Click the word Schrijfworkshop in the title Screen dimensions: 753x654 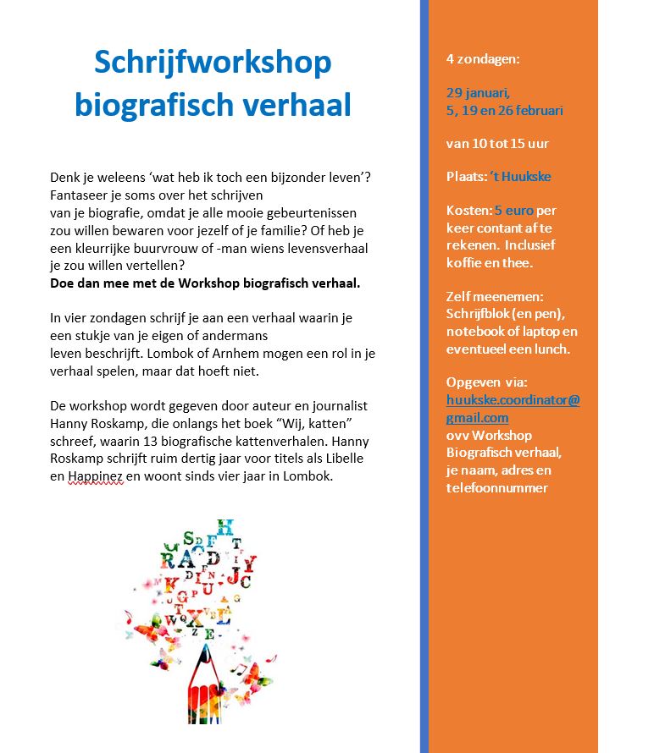pyautogui.click(x=213, y=63)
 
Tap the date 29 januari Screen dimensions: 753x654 pyautogui.click(x=478, y=92)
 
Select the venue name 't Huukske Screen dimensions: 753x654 pyautogui.click(x=520, y=177)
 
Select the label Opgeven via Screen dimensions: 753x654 pyautogui.click(x=486, y=382)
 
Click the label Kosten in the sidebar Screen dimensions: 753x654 pyautogui.click(x=468, y=210)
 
